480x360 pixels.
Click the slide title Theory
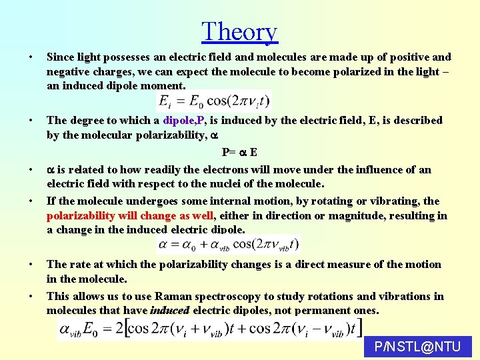click(239, 31)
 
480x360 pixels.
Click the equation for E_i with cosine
click(213, 101)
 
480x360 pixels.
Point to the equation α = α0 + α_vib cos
click(227, 245)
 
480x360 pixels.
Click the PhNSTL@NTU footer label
click(418, 347)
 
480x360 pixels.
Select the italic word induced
click(170, 310)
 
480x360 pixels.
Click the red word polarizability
click(81, 215)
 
